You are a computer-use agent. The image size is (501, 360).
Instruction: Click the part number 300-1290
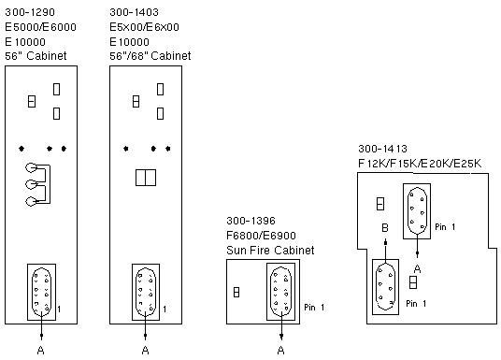30,12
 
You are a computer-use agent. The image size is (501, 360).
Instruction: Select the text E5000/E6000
40,27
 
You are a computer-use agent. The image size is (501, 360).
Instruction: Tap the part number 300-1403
134,12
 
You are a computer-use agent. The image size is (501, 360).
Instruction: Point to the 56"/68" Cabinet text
150,56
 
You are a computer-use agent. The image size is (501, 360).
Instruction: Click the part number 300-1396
250,221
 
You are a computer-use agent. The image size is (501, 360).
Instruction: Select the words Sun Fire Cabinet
270,250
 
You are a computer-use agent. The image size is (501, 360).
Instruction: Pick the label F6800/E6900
261,236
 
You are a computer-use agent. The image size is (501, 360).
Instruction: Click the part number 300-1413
382,149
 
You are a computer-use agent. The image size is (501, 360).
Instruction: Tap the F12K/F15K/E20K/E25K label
420,164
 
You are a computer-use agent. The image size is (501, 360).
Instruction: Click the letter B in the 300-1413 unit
385,227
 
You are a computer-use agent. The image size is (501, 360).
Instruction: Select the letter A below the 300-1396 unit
280,350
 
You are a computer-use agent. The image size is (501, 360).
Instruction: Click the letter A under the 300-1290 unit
40,350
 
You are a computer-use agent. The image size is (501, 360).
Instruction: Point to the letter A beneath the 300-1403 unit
145,350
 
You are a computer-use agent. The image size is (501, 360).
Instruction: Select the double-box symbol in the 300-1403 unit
146,178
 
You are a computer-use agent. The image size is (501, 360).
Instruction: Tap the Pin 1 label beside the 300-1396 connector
314,308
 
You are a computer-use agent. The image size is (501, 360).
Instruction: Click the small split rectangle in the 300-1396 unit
236,292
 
